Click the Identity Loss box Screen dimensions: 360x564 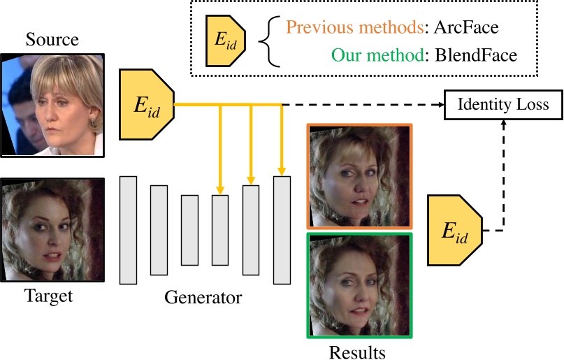[x=503, y=106]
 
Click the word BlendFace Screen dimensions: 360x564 [x=475, y=55]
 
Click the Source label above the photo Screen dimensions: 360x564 [x=52, y=39]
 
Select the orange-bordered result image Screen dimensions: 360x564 [x=359, y=176]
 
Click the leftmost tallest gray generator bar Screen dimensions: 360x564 [x=128, y=231]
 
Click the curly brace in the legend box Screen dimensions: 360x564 [x=268, y=42]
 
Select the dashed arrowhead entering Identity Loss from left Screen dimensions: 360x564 [x=441, y=106]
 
